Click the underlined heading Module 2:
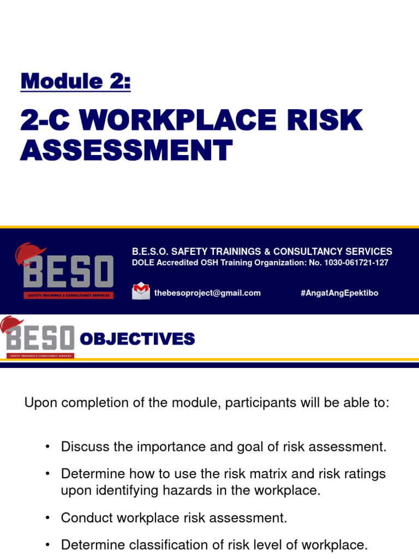click(75, 81)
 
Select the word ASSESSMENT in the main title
click(126, 150)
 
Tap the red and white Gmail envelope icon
click(141, 290)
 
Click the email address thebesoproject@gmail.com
click(207, 293)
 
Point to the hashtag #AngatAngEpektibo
click(339, 293)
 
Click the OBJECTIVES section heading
click(137, 340)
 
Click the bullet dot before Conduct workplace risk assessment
click(48, 518)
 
